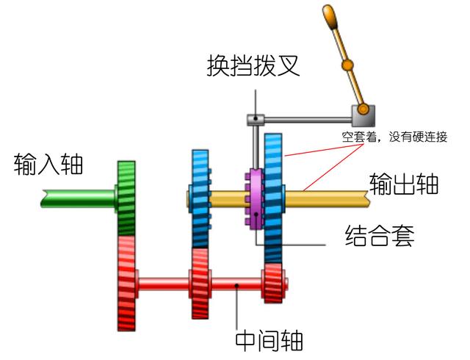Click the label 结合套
click(x=380, y=237)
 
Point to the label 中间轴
click(x=269, y=339)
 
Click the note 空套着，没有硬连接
click(x=394, y=136)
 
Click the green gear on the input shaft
click(x=127, y=197)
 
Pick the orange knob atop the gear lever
click(x=331, y=15)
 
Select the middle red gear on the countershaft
click(x=199, y=283)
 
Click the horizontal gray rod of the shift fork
click(x=305, y=117)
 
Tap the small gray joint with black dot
click(x=254, y=118)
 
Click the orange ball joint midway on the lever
click(x=347, y=66)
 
